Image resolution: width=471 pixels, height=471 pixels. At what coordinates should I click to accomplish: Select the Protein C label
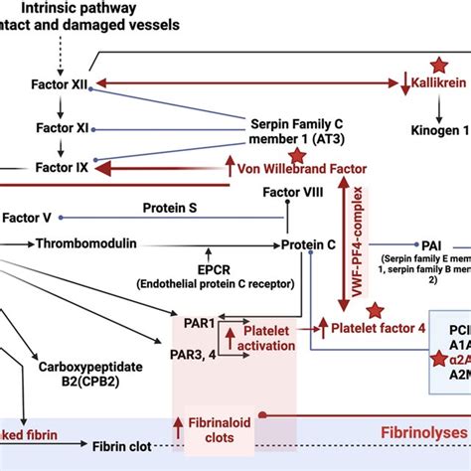(309, 244)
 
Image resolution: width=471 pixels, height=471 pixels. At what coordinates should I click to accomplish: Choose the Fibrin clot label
(123, 446)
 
